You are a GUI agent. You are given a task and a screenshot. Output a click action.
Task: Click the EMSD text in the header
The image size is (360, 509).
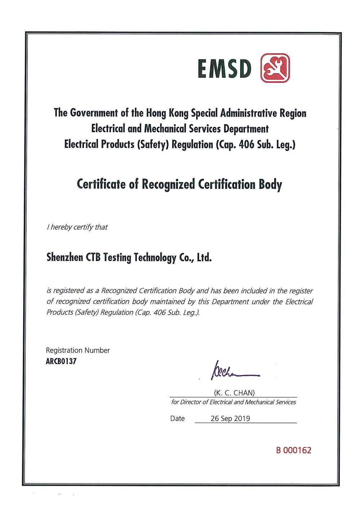coord(224,68)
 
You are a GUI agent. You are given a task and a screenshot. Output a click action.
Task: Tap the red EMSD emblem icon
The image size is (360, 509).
coord(275,68)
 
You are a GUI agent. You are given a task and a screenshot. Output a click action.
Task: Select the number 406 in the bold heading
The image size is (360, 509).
coord(246,144)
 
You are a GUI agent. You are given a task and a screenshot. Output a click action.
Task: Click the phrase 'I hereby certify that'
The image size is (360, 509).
coord(77,227)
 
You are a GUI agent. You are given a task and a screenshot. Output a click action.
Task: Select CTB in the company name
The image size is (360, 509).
coord(93,257)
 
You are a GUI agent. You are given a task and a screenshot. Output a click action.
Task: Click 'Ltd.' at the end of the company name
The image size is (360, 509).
coord(204,257)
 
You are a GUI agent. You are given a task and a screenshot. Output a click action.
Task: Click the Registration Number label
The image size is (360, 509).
coord(78,350)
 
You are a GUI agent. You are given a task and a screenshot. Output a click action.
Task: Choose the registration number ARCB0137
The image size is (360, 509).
coord(61,361)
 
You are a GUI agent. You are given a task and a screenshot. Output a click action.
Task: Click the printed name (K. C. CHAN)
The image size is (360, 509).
coord(234,393)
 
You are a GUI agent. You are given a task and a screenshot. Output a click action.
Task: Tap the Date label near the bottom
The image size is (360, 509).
coord(177,418)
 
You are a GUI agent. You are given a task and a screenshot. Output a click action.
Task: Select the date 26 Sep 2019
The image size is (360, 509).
coord(230,418)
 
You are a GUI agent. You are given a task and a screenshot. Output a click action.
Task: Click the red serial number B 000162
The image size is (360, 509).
coord(293,450)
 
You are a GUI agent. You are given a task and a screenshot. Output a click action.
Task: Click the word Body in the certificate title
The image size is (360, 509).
coord(270,184)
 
